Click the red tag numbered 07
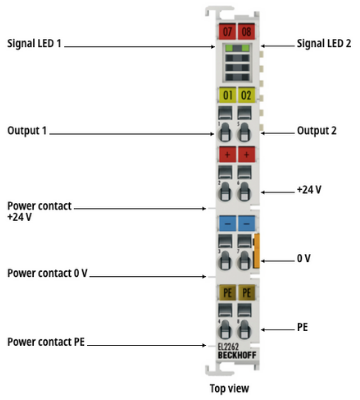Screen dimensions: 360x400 tap(227, 31)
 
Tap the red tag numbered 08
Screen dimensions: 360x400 tap(246, 31)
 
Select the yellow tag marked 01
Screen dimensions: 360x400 tap(227, 95)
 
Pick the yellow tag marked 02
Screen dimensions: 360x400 tap(246, 95)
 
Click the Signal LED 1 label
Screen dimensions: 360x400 tap(34, 43)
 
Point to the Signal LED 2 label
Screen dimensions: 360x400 tap(324, 43)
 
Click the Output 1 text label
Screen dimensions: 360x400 tap(27, 130)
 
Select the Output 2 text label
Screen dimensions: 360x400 tap(317, 130)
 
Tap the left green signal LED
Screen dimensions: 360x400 tap(229, 48)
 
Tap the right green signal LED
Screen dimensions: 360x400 tap(245, 48)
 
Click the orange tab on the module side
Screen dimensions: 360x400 tap(256, 251)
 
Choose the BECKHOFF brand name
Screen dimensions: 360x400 tap(237, 355)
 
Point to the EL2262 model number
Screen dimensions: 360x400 tap(228, 347)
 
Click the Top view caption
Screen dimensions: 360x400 tap(229, 388)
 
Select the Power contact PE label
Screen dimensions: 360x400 tap(46, 342)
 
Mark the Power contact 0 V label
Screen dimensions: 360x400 tap(47, 273)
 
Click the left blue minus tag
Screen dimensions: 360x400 tap(227, 223)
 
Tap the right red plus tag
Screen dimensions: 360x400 tap(246, 154)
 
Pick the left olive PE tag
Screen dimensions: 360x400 tap(227, 292)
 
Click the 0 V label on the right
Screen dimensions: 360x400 tap(304, 258)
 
